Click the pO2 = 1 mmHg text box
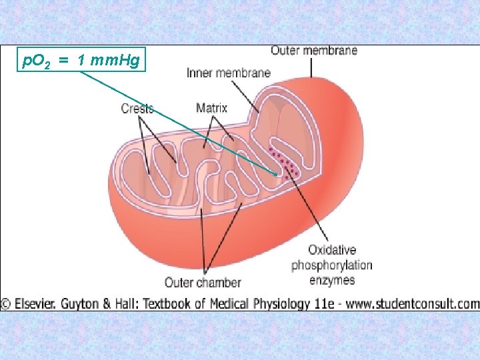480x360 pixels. tap(81, 61)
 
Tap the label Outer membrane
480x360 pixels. tap(313, 50)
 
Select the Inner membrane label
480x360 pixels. tap(229, 73)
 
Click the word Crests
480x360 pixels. tap(137, 109)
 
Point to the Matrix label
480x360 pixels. tap(212, 107)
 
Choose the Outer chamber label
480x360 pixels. tap(203, 283)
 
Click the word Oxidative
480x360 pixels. tap(332, 250)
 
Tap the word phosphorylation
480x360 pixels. tap(332, 265)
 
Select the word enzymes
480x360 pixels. tap(332, 280)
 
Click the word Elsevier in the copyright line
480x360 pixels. tap(35, 304)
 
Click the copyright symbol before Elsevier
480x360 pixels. tap(5, 304)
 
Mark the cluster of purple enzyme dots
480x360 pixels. tap(285, 165)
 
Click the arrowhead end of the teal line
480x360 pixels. tap(276, 174)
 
